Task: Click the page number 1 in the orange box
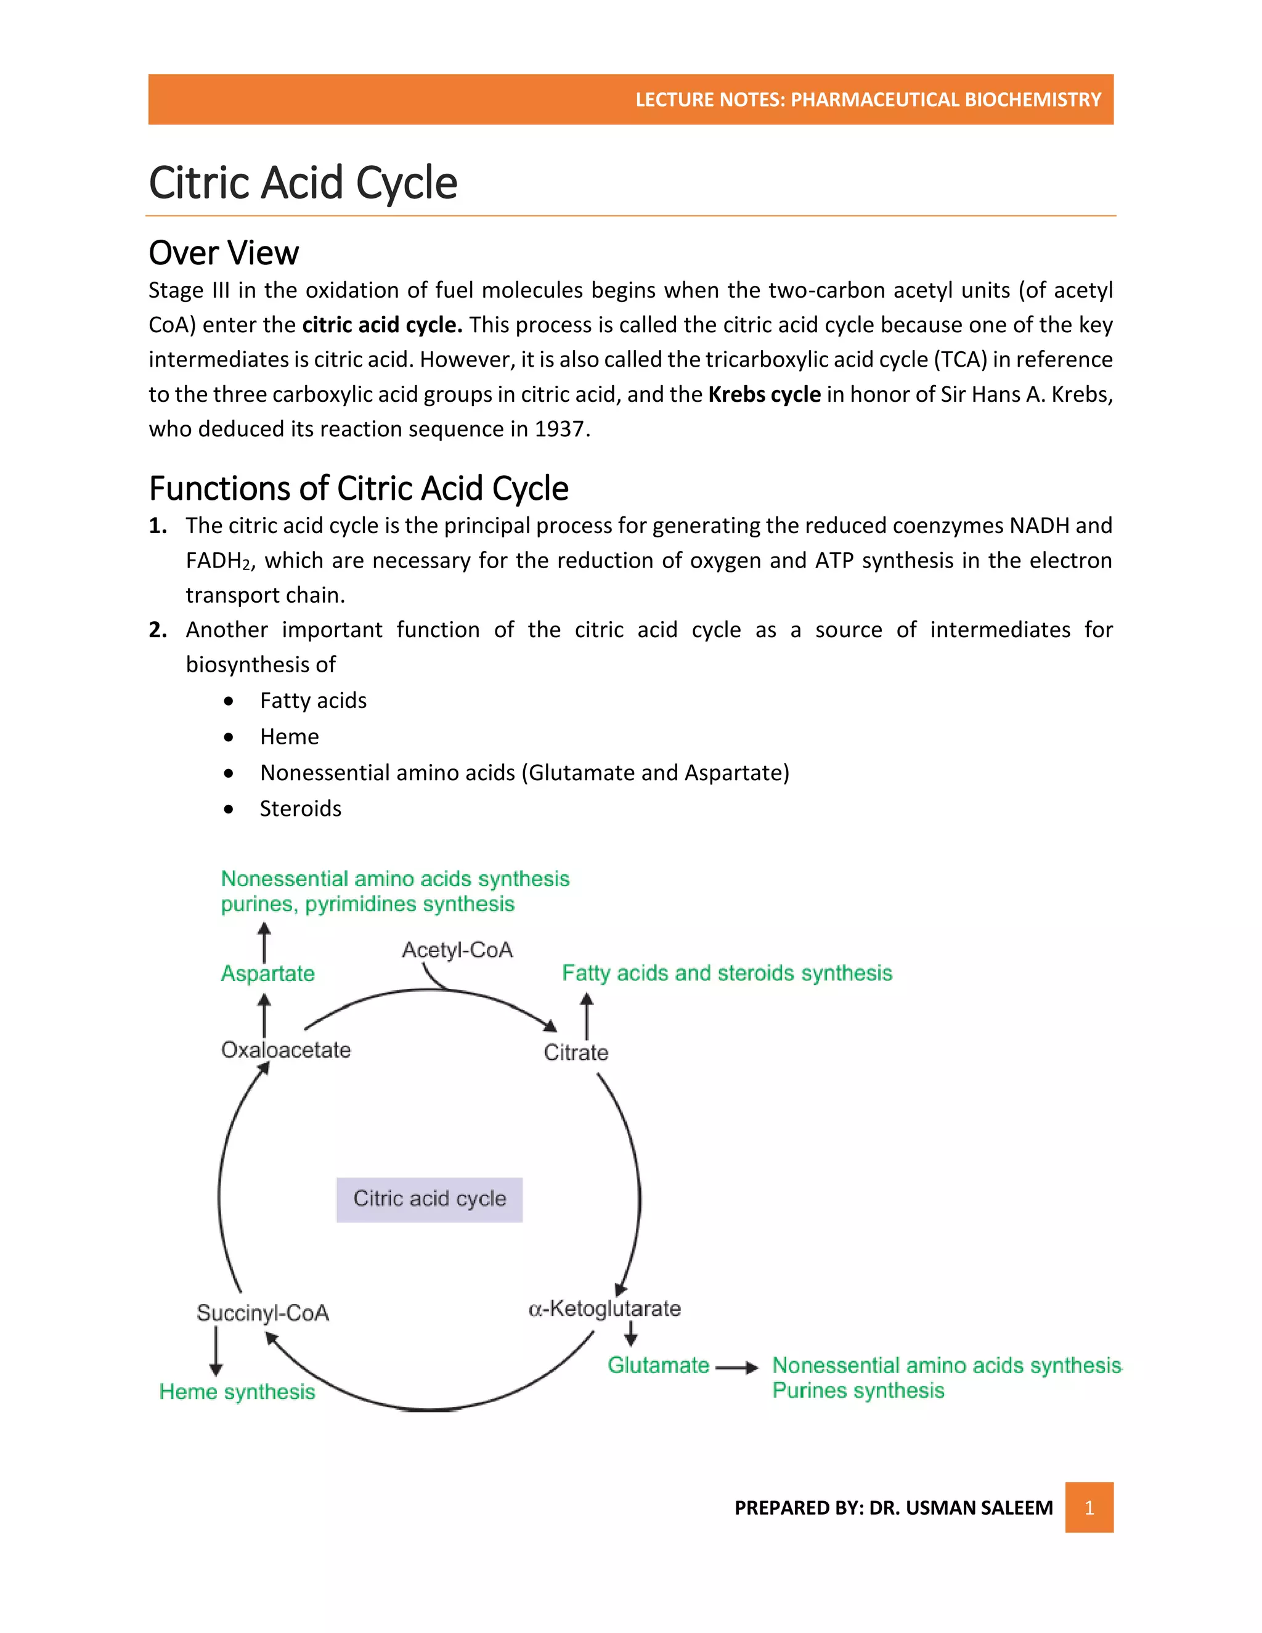[x=1089, y=1507]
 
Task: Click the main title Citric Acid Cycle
[x=303, y=182]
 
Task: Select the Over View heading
[x=224, y=253]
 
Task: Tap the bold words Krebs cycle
[x=764, y=394]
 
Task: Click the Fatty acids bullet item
[x=313, y=701]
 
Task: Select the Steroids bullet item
[x=301, y=808]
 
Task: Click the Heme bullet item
[x=290, y=736]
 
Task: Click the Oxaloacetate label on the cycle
[x=285, y=1050]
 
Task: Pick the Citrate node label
[x=576, y=1053]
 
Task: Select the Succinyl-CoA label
[x=263, y=1313]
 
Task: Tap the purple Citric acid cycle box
[x=429, y=1199]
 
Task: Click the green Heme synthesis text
[x=237, y=1391]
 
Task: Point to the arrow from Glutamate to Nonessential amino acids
[x=736, y=1367]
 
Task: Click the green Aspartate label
[x=267, y=974]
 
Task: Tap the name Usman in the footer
[x=938, y=1507]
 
